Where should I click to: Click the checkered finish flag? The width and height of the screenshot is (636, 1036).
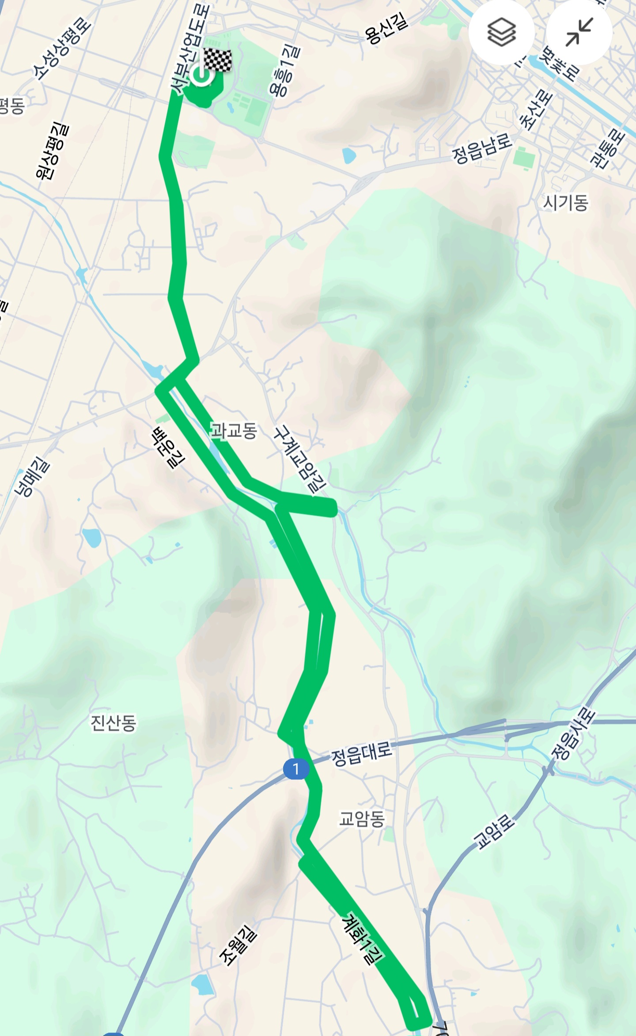pyautogui.click(x=217, y=60)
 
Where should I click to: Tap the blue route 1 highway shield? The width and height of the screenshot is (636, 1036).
pyautogui.click(x=295, y=769)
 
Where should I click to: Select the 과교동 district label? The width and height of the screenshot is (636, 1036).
pyautogui.click(x=234, y=430)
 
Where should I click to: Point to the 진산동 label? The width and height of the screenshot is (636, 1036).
pyautogui.click(x=113, y=723)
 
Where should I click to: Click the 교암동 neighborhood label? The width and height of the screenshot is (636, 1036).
pyautogui.click(x=362, y=819)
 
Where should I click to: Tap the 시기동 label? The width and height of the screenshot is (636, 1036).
pyautogui.click(x=565, y=203)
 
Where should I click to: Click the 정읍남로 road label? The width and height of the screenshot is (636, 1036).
pyautogui.click(x=482, y=148)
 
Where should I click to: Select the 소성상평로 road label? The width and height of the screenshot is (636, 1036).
pyautogui.click(x=62, y=49)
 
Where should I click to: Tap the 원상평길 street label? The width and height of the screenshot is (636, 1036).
pyautogui.click(x=53, y=151)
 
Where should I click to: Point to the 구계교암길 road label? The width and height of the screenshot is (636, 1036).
pyautogui.click(x=300, y=459)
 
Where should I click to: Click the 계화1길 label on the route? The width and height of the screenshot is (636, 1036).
pyautogui.click(x=362, y=939)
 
